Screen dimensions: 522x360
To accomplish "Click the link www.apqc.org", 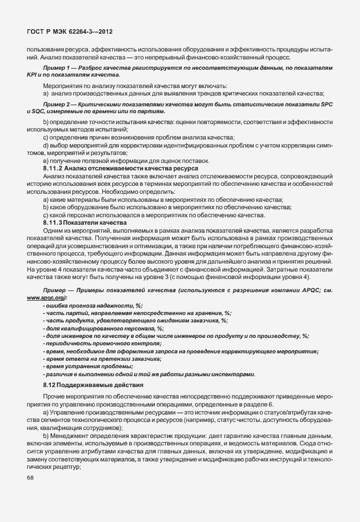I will point(45,298).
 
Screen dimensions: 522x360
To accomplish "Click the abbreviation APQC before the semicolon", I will point(307,290).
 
